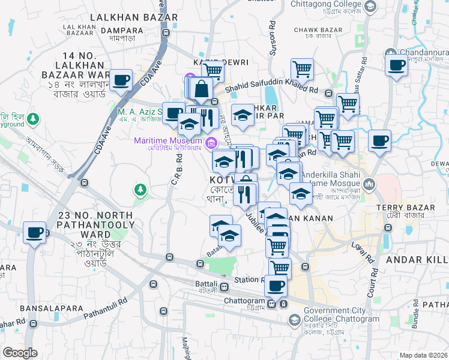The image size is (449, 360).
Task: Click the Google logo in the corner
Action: point(20,353)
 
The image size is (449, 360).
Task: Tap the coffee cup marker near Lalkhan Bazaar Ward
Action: point(121,80)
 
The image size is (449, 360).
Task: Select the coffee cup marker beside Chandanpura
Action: point(396,66)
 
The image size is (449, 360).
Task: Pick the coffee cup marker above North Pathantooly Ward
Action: point(35,232)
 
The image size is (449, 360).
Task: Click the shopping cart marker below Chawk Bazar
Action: point(302,70)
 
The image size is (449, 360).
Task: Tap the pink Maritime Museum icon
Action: point(210,142)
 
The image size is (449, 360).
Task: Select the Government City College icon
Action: point(294,319)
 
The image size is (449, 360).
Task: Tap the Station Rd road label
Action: point(248,280)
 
